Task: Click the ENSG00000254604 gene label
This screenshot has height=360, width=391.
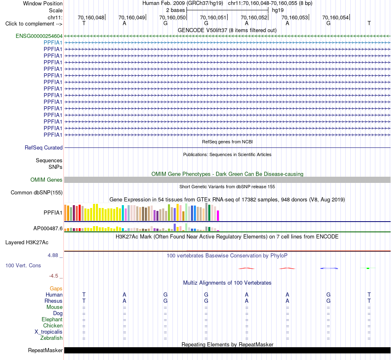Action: [39, 36]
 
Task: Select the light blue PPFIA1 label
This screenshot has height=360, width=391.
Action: [53, 43]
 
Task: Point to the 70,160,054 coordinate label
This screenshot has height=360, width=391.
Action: [335, 17]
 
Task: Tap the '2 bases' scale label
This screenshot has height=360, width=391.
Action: [176, 10]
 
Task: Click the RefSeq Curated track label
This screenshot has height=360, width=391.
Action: [44, 148]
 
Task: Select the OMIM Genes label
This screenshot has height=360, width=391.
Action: [47, 180]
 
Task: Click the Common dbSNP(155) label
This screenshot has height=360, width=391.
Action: [37, 193]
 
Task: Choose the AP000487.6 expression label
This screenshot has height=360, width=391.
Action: [48, 228]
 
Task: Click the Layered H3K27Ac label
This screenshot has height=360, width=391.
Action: [27, 243]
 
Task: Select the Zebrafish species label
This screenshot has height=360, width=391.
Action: [51, 338]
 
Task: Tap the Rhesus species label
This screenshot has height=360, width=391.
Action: [54, 301]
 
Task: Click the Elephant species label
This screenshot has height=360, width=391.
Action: [52, 320]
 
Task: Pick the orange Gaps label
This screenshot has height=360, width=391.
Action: [56, 289]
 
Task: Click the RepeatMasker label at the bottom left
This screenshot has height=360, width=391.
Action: [45, 350]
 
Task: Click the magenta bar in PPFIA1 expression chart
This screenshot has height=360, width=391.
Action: [218, 216]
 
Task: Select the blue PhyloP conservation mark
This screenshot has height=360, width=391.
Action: [329, 268]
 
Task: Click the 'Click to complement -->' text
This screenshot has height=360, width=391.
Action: [34, 24]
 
